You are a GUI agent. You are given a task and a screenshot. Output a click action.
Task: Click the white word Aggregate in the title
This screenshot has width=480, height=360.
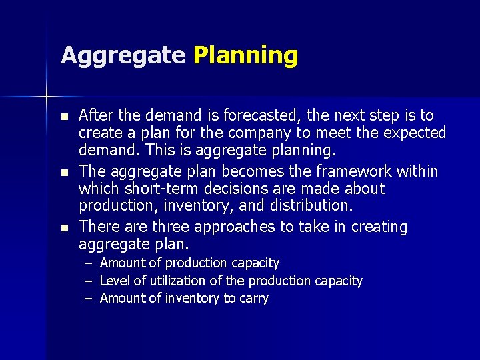click(x=123, y=56)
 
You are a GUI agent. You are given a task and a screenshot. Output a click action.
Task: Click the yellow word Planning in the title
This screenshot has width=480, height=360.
click(x=246, y=56)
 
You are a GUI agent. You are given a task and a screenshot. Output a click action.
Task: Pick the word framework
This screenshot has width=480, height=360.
click(x=354, y=171)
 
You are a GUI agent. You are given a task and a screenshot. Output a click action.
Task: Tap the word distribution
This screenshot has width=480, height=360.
click(x=311, y=205)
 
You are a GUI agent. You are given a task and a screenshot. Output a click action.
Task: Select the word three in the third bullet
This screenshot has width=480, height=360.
click(x=171, y=227)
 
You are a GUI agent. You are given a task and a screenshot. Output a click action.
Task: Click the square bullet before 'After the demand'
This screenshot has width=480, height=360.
click(x=65, y=117)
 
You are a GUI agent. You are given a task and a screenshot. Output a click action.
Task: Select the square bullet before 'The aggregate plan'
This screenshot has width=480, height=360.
click(x=65, y=173)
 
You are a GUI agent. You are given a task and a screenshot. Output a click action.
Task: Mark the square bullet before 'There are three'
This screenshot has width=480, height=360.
click(x=65, y=228)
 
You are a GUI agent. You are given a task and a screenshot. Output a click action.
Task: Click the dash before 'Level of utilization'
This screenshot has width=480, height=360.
click(x=89, y=281)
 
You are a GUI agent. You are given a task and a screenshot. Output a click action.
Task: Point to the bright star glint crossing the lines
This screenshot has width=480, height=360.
click(x=47, y=97)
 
